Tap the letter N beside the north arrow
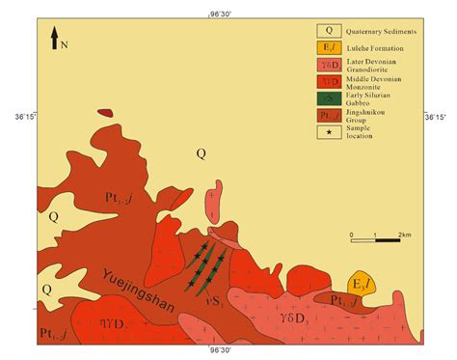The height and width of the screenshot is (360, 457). (64, 44)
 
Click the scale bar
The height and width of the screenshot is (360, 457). (375, 239)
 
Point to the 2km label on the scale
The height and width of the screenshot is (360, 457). (405, 234)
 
